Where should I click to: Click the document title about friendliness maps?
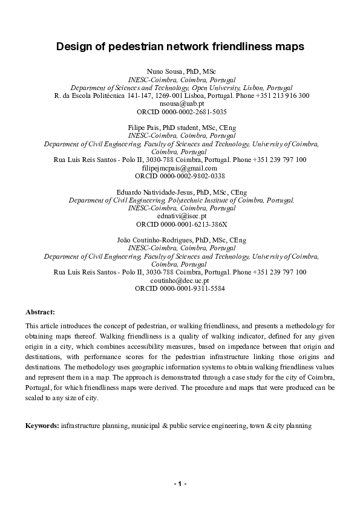tap(180, 46)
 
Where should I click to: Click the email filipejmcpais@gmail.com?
tap(179, 167)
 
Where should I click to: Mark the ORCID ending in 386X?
tap(192, 224)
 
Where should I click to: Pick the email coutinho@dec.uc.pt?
tap(179, 280)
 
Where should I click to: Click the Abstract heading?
tap(40, 312)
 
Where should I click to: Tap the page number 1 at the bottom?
tap(180, 485)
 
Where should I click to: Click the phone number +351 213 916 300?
tap(283, 96)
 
